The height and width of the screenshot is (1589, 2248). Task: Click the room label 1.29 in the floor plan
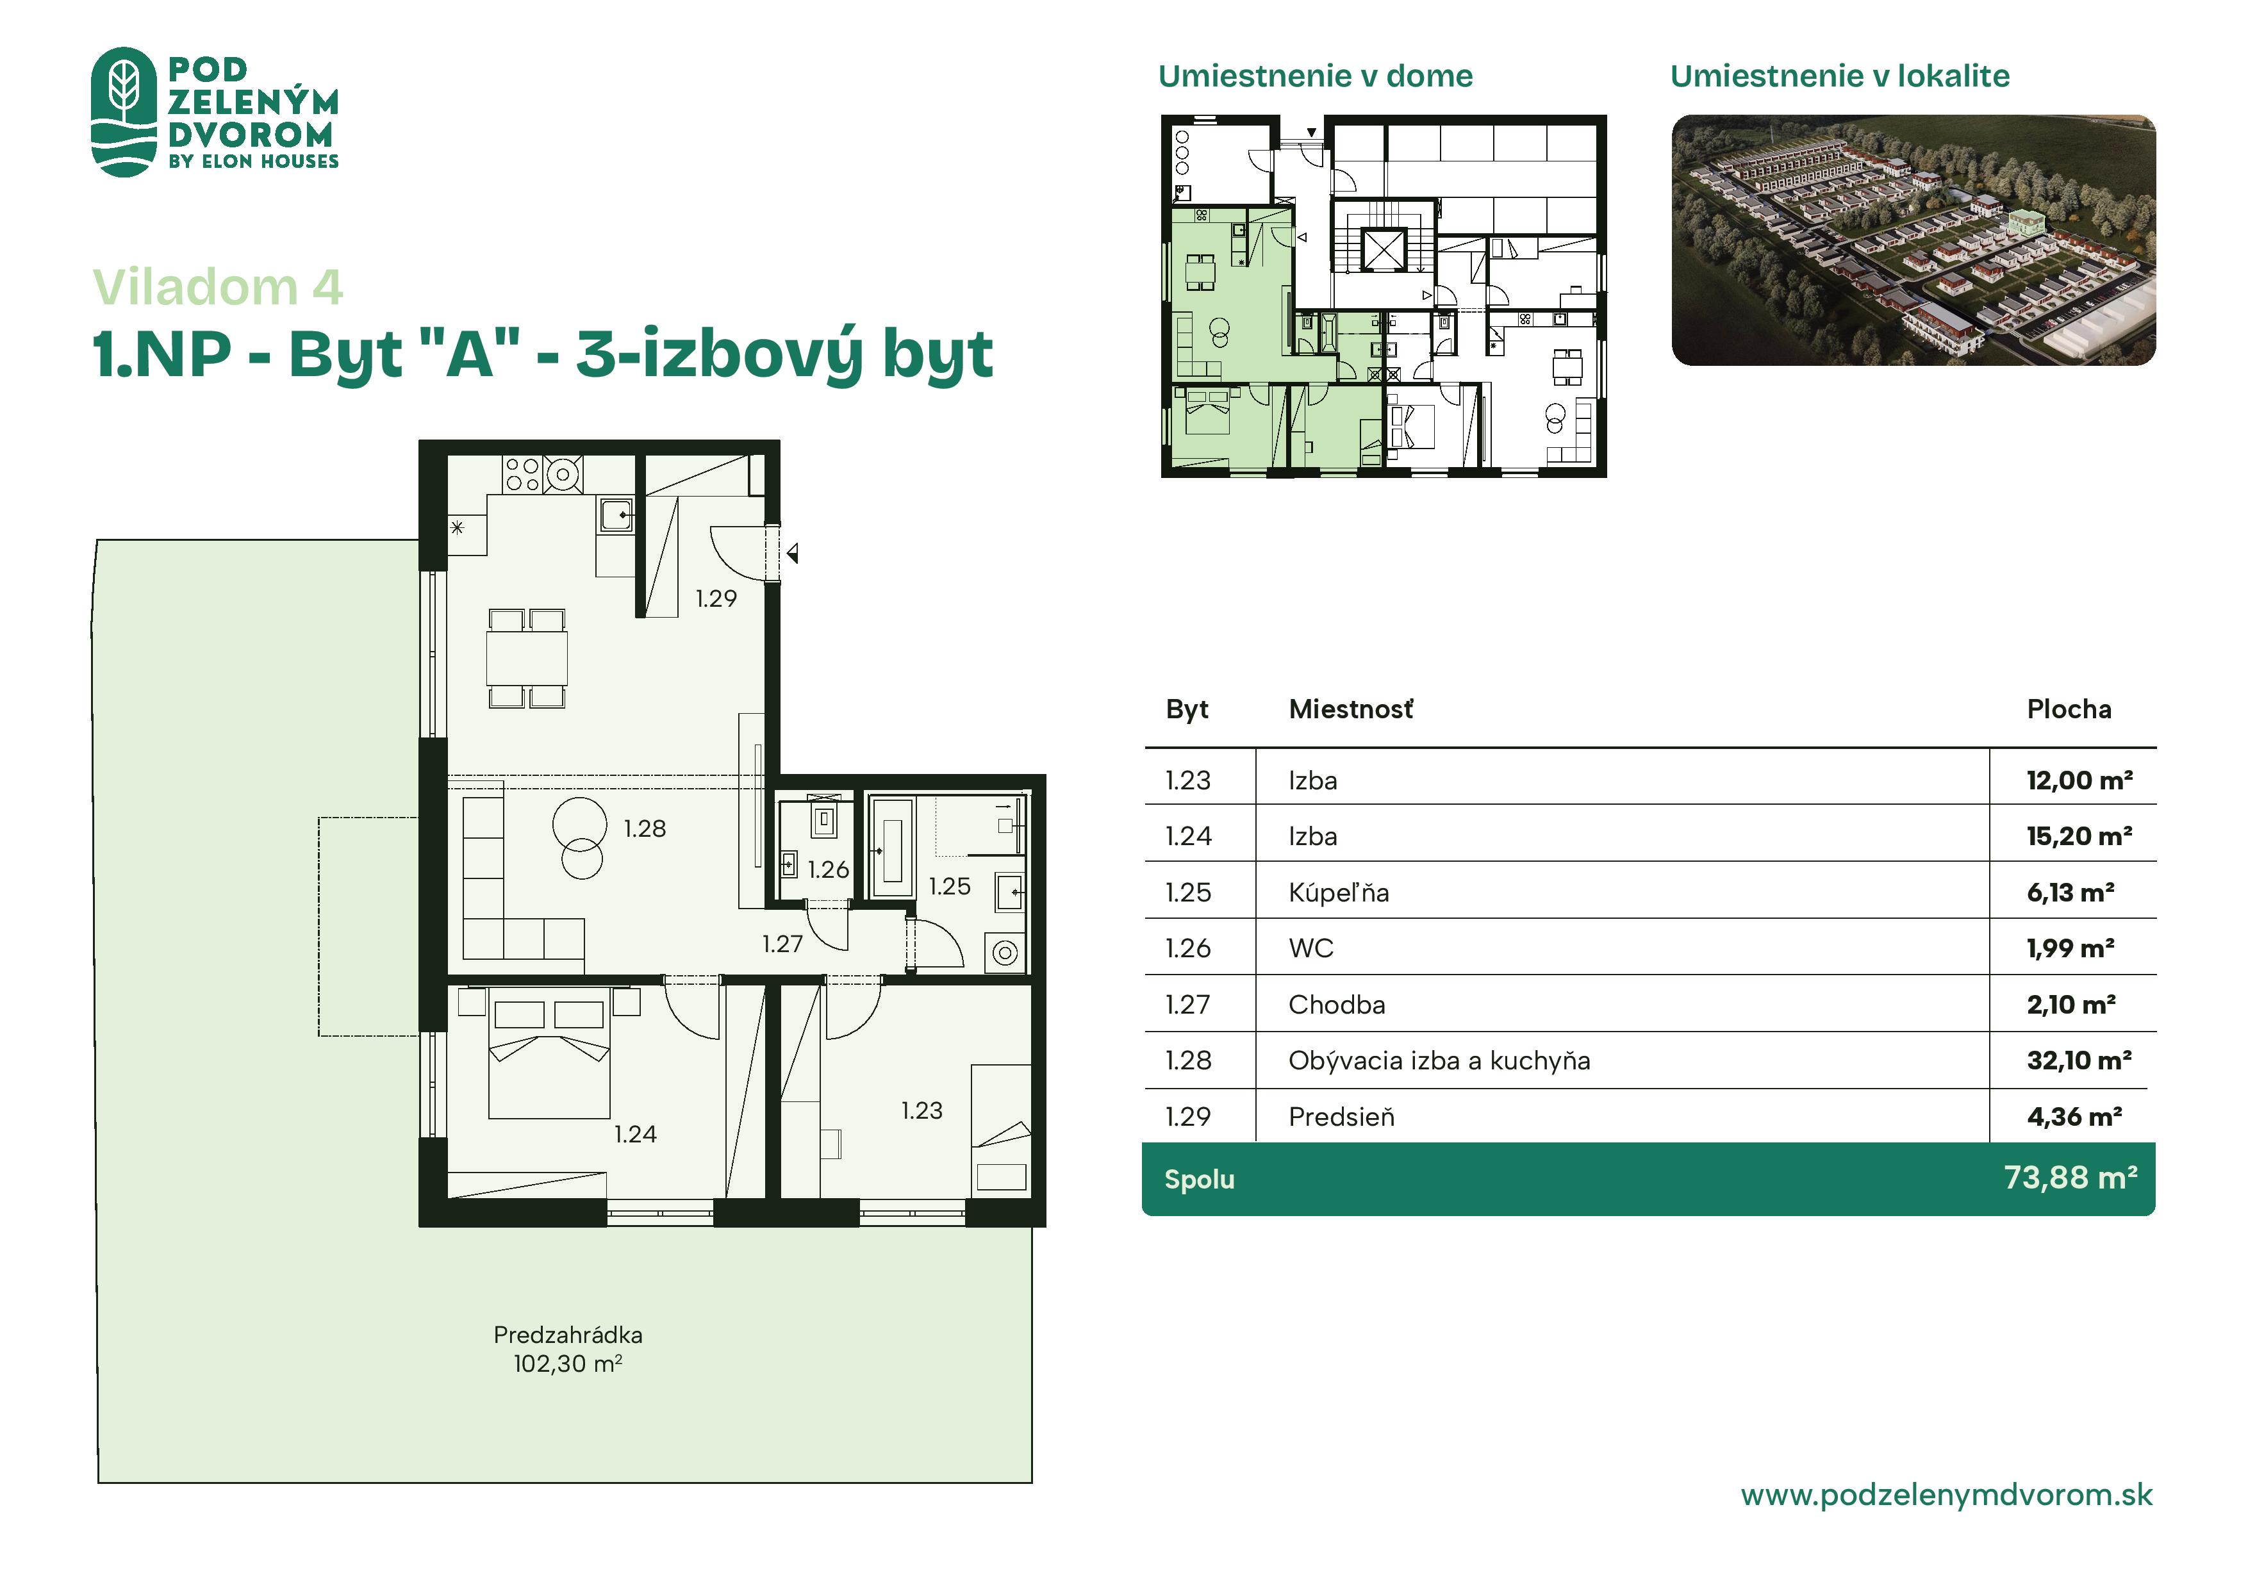(x=716, y=598)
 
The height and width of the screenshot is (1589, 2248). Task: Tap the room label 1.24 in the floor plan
(x=636, y=1133)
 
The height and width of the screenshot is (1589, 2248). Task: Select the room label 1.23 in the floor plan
(x=922, y=1110)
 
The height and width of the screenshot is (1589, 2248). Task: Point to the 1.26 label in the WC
(x=829, y=869)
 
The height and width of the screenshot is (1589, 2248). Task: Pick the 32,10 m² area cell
(x=2079, y=1060)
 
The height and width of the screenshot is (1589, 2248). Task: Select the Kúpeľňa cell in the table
(x=1339, y=892)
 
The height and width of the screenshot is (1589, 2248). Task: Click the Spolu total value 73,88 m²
(x=2070, y=1177)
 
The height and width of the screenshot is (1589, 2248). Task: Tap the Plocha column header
(x=2069, y=709)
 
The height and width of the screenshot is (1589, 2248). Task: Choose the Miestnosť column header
(x=1351, y=709)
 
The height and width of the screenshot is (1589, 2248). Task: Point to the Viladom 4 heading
(x=217, y=287)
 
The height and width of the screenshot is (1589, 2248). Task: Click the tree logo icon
(x=124, y=111)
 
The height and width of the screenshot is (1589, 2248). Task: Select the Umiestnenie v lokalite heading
(x=1840, y=76)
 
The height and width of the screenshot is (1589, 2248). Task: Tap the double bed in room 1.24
(x=549, y=1053)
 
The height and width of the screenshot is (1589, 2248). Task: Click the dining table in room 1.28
(x=527, y=658)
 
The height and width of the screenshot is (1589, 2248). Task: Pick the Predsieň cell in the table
(x=1341, y=1116)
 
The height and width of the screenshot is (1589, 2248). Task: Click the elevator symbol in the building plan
(x=1384, y=249)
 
